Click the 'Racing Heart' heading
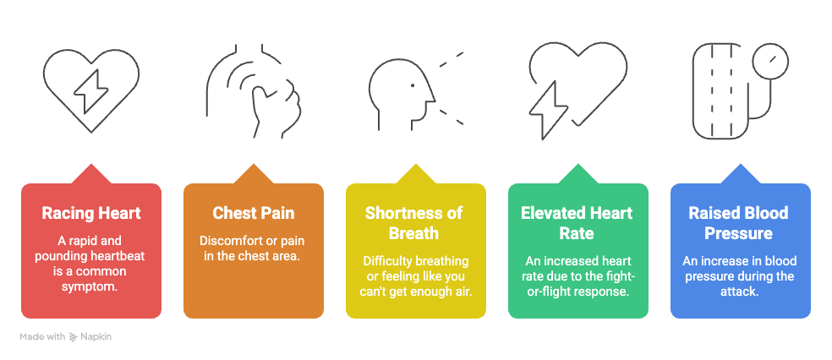[91, 213]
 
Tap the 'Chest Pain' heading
[254, 213]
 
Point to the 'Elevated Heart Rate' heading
[577, 223]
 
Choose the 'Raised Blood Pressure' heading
[740, 223]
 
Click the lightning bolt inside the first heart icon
[90, 91]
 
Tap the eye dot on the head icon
[413, 85]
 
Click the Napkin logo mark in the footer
[74, 336]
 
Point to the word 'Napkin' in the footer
[96, 336]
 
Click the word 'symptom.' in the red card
[91, 286]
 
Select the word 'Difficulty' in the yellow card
[386, 261]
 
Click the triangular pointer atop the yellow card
[415, 174]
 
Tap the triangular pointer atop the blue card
[740, 174]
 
